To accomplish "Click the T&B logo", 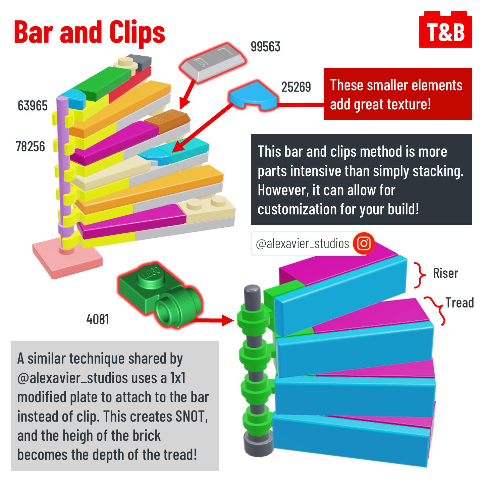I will coord(445,31).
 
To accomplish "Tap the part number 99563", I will coord(265,47).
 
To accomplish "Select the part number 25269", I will coord(296,87).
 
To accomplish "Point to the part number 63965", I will coord(33,106).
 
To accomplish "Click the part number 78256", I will coord(30,147).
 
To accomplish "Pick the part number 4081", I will coord(98,319).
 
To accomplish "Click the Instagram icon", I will coord(364,244).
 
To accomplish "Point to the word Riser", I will coord(445,273).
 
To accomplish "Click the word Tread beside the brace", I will coord(459,303).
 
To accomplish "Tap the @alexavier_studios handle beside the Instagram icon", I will coord(302,244).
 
